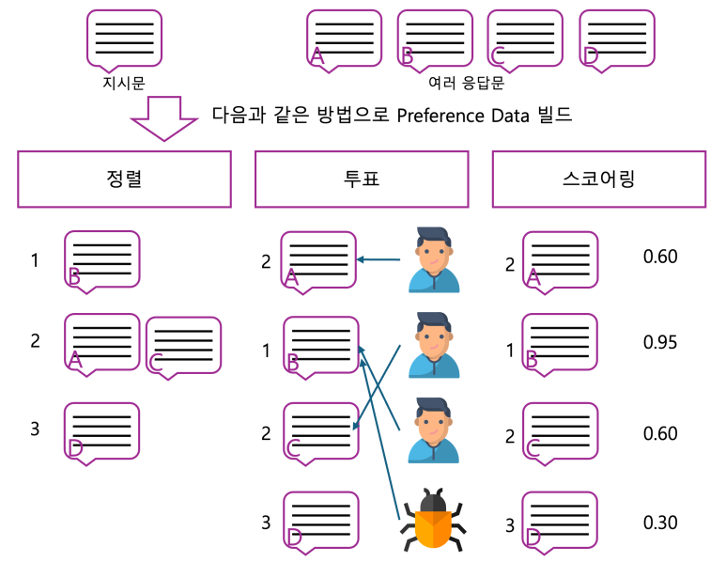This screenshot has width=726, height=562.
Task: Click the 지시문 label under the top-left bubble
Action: pos(124,83)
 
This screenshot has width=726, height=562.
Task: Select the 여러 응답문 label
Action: pos(466,83)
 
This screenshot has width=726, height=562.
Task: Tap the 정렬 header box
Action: pos(124,179)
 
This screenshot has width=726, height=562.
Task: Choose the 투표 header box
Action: pos(361,179)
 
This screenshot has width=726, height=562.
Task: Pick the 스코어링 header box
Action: pos(597,179)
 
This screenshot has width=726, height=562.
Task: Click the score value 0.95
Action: pos(659,342)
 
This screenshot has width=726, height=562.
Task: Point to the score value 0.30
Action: pos(659,523)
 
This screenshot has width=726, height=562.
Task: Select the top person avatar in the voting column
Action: pos(434,259)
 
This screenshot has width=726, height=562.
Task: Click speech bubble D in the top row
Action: pos(617,39)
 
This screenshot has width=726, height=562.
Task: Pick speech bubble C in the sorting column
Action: pos(184,346)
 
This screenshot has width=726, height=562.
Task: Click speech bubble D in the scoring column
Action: pos(559,521)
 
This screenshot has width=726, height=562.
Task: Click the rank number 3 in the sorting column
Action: pos(35,429)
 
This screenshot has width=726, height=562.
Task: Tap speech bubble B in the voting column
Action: pos(321,347)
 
